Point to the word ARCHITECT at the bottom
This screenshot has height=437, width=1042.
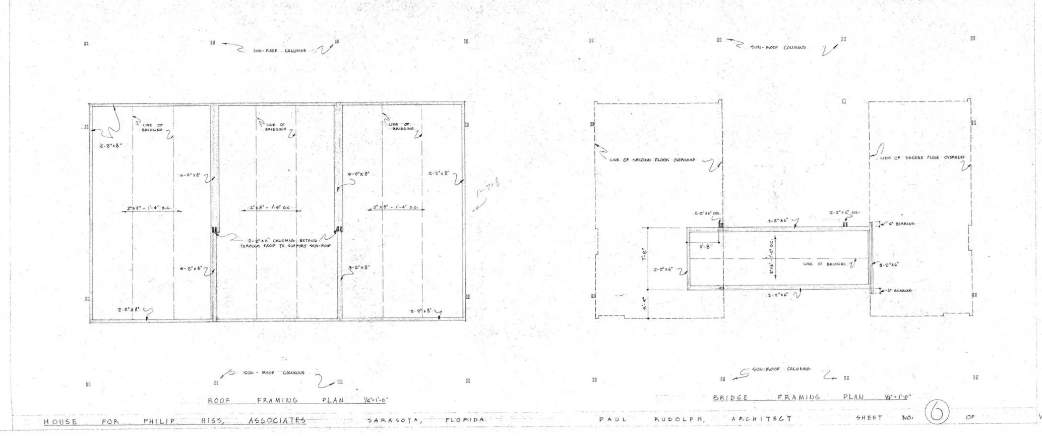click(761, 419)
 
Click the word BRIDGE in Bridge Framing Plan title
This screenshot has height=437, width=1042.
click(731, 397)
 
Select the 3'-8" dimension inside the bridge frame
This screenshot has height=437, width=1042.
click(705, 246)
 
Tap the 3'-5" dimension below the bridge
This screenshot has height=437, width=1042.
click(644, 304)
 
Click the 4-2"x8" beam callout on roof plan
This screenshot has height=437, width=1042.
click(190, 269)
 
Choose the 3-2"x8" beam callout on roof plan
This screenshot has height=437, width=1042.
click(359, 268)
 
